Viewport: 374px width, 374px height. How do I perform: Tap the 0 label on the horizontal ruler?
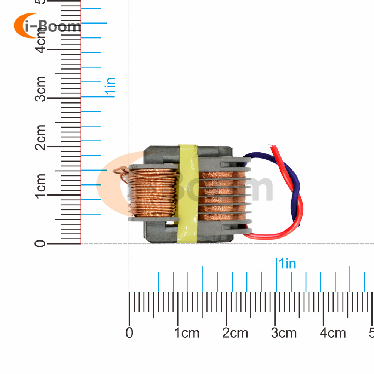[x=129, y=332]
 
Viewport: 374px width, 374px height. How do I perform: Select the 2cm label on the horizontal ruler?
[x=235, y=332]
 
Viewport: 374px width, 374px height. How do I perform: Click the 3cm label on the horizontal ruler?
[x=284, y=332]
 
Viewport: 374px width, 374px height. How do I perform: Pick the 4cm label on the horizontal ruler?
[x=333, y=332]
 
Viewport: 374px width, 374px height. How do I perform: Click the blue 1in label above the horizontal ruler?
[x=286, y=263]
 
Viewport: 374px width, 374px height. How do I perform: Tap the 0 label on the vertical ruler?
[x=40, y=244]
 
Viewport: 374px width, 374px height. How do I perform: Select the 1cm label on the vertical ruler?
[x=40, y=186]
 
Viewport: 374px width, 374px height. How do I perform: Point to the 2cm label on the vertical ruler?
[x=40, y=137]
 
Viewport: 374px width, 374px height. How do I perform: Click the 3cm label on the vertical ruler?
[x=40, y=89]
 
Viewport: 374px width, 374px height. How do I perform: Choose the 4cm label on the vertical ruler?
[x=40, y=40]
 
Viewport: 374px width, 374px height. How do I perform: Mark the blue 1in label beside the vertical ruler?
[x=110, y=87]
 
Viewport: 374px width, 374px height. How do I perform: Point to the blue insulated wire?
[x=295, y=183]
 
